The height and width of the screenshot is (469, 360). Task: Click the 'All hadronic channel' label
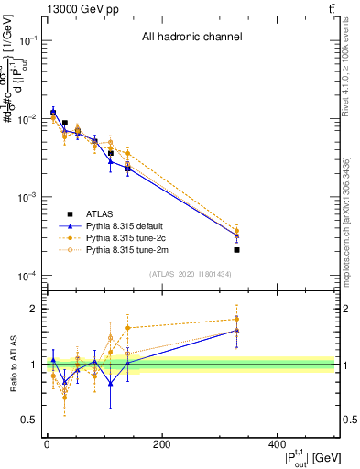191,38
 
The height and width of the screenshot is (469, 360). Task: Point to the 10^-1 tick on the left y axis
29,40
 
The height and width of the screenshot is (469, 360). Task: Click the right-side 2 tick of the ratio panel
344,310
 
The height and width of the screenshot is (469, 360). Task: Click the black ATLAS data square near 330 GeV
236,249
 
